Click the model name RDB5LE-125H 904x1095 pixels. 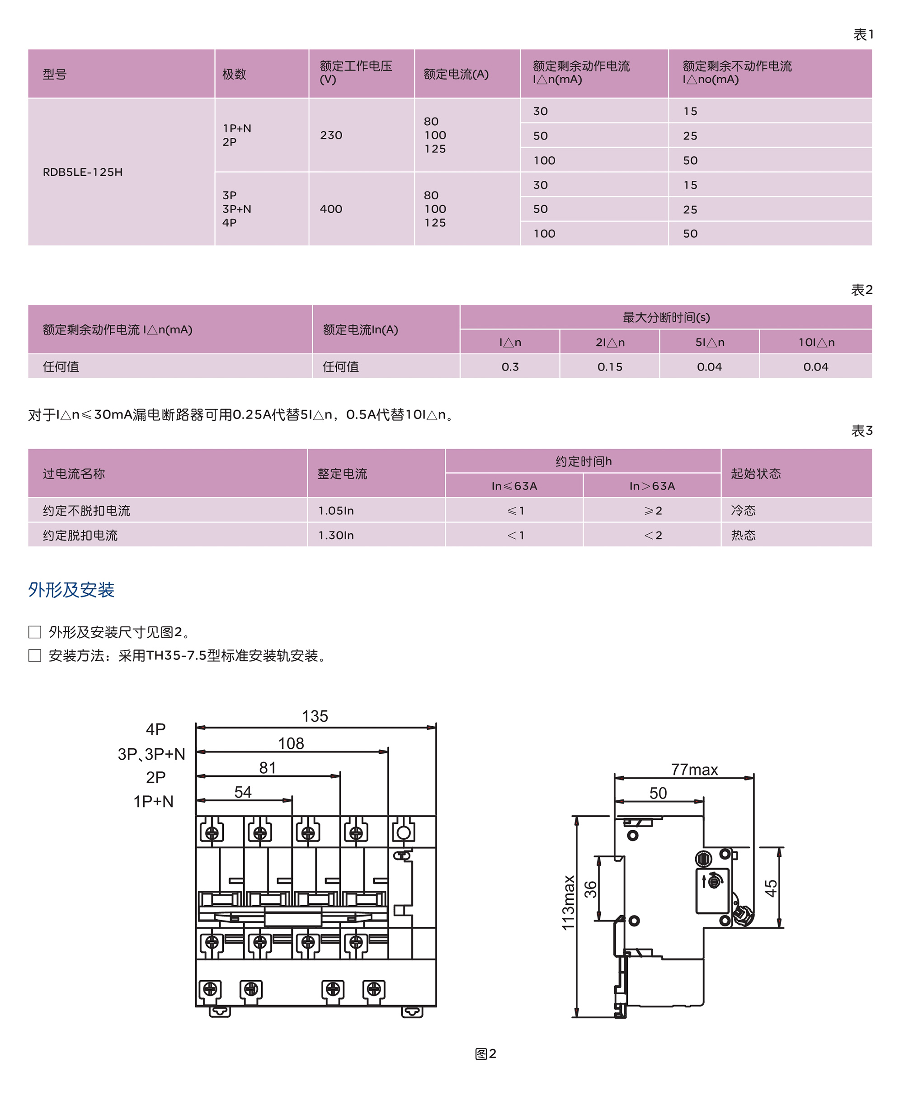point(83,172)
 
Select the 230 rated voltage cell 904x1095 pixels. point(331,136)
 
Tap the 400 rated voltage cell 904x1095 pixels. point(331,209)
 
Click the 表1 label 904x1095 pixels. point(862,35)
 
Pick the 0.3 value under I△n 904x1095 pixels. point(510,367)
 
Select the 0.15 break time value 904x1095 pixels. point(609,367)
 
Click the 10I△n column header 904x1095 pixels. point(816,342)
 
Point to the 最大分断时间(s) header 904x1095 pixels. point(666,317)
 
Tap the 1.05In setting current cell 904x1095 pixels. point(336,510)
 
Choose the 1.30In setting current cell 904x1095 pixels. point(336,535)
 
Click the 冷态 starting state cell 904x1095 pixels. point(743,510)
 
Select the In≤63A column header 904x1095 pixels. point(514,486)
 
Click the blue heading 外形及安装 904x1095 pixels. point(71,589)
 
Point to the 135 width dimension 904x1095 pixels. point(315,716)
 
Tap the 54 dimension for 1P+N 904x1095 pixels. point(243,792)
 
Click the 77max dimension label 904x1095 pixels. point(694,770)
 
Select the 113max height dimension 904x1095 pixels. point(568,902)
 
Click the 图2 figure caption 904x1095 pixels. point(485,1053)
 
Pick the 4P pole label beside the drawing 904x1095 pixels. point(155,729)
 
